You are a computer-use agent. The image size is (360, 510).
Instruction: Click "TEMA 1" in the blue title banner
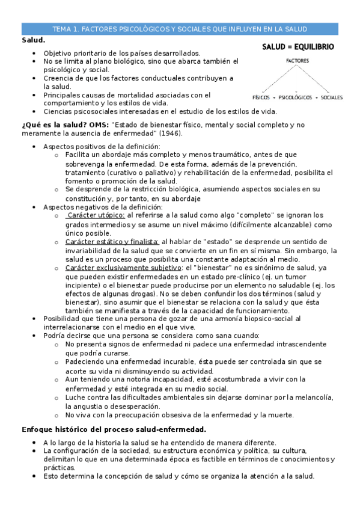[64, 29]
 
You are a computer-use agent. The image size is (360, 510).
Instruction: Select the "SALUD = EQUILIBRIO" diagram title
[298, 46]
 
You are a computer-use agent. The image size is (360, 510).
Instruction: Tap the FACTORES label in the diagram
[298, 61]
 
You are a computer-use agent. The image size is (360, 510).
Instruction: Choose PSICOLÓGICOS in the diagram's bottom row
[297, 97]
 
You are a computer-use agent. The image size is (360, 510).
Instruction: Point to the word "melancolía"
[310, 398]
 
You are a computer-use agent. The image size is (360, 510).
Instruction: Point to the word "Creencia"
[59, 78]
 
